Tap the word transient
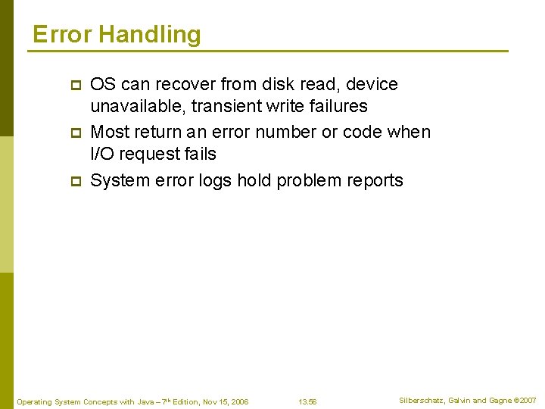click(x=218, y=106)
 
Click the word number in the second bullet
click(x=286, y=132)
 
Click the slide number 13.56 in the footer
click(x=307, y=401)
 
